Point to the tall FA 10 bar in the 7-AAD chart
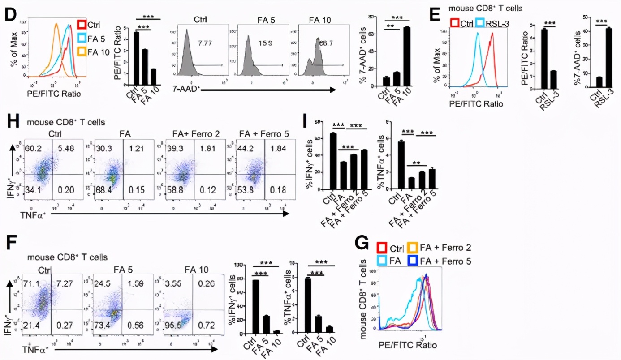click(x=406, y=56)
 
